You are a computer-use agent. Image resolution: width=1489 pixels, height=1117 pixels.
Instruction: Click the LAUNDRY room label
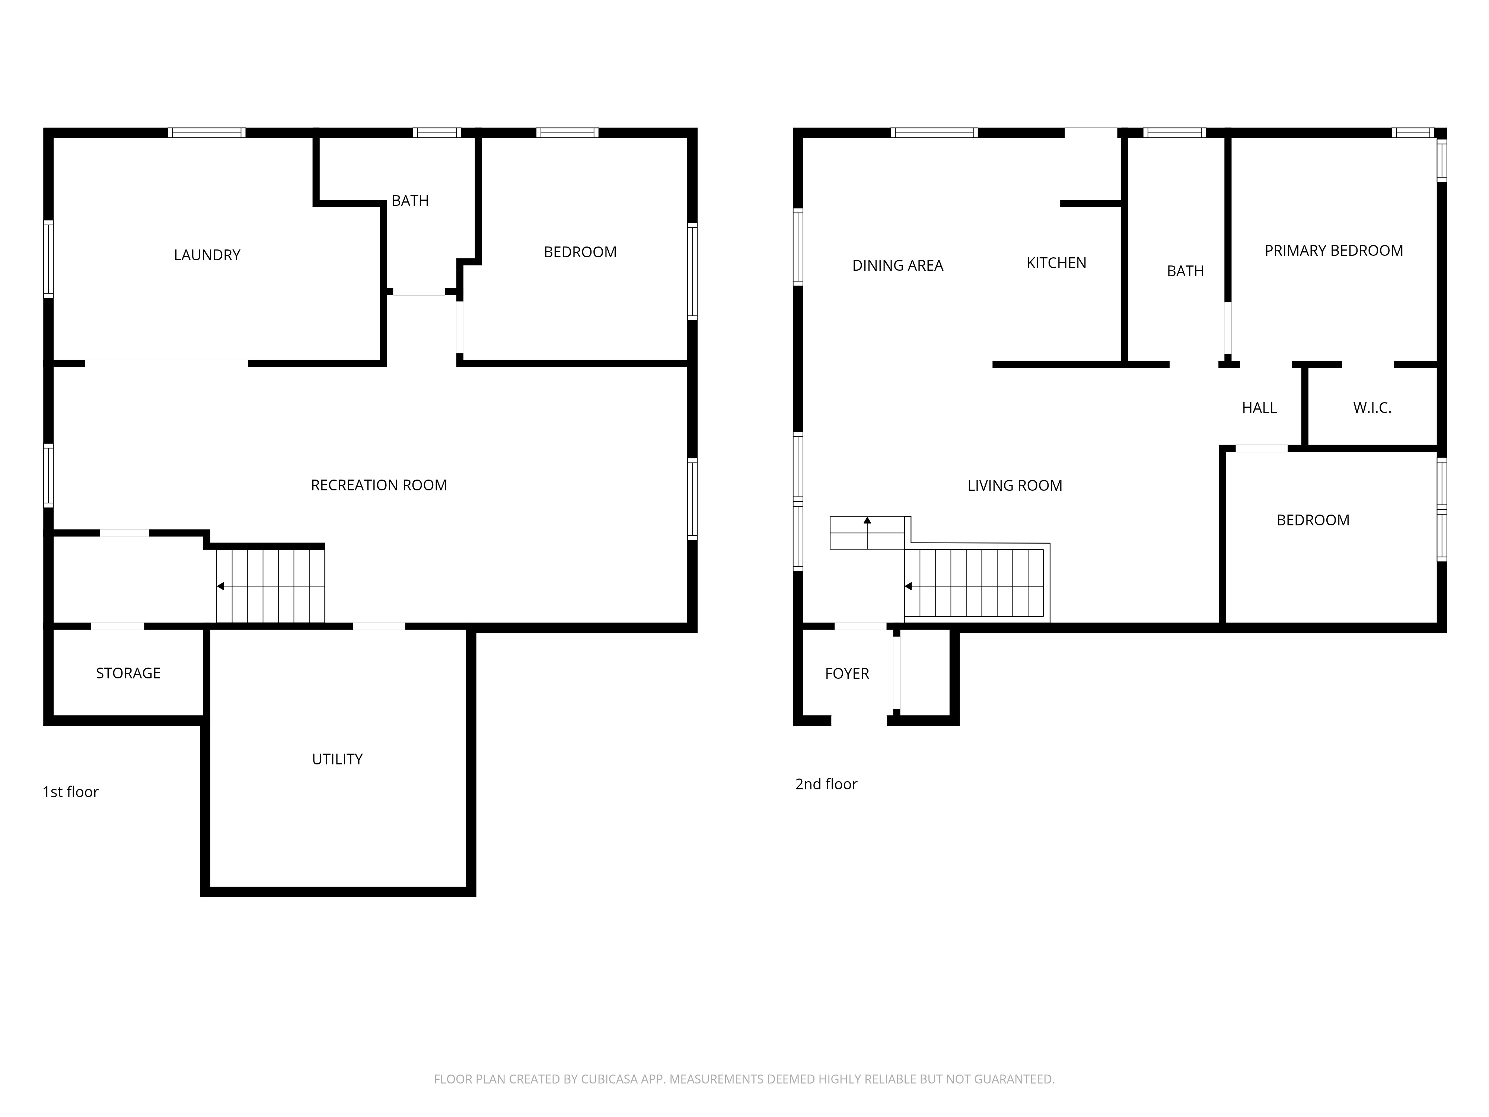click(x=207, y=255)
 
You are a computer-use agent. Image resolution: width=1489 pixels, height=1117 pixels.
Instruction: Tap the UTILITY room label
click(x=337, y=760)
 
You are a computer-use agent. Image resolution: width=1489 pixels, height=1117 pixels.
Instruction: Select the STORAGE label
click(x=128, y=673)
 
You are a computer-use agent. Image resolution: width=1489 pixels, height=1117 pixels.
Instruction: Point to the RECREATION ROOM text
click(x=379, y=486)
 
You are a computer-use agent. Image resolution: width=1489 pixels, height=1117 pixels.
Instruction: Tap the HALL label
click(x=1259, y=408)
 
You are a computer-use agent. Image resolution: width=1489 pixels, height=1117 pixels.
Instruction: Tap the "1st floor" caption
click(x=71, y=792)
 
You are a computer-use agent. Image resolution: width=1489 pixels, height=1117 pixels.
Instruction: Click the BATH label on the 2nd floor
click(x=1185, y=271)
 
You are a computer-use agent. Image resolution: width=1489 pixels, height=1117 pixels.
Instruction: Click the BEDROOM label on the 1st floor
click(x=580, y=252)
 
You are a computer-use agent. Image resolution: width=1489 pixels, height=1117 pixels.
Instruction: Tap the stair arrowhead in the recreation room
click(x=220, y=586)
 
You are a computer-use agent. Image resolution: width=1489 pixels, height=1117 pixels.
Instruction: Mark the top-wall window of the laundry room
click(x=207, y=133)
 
